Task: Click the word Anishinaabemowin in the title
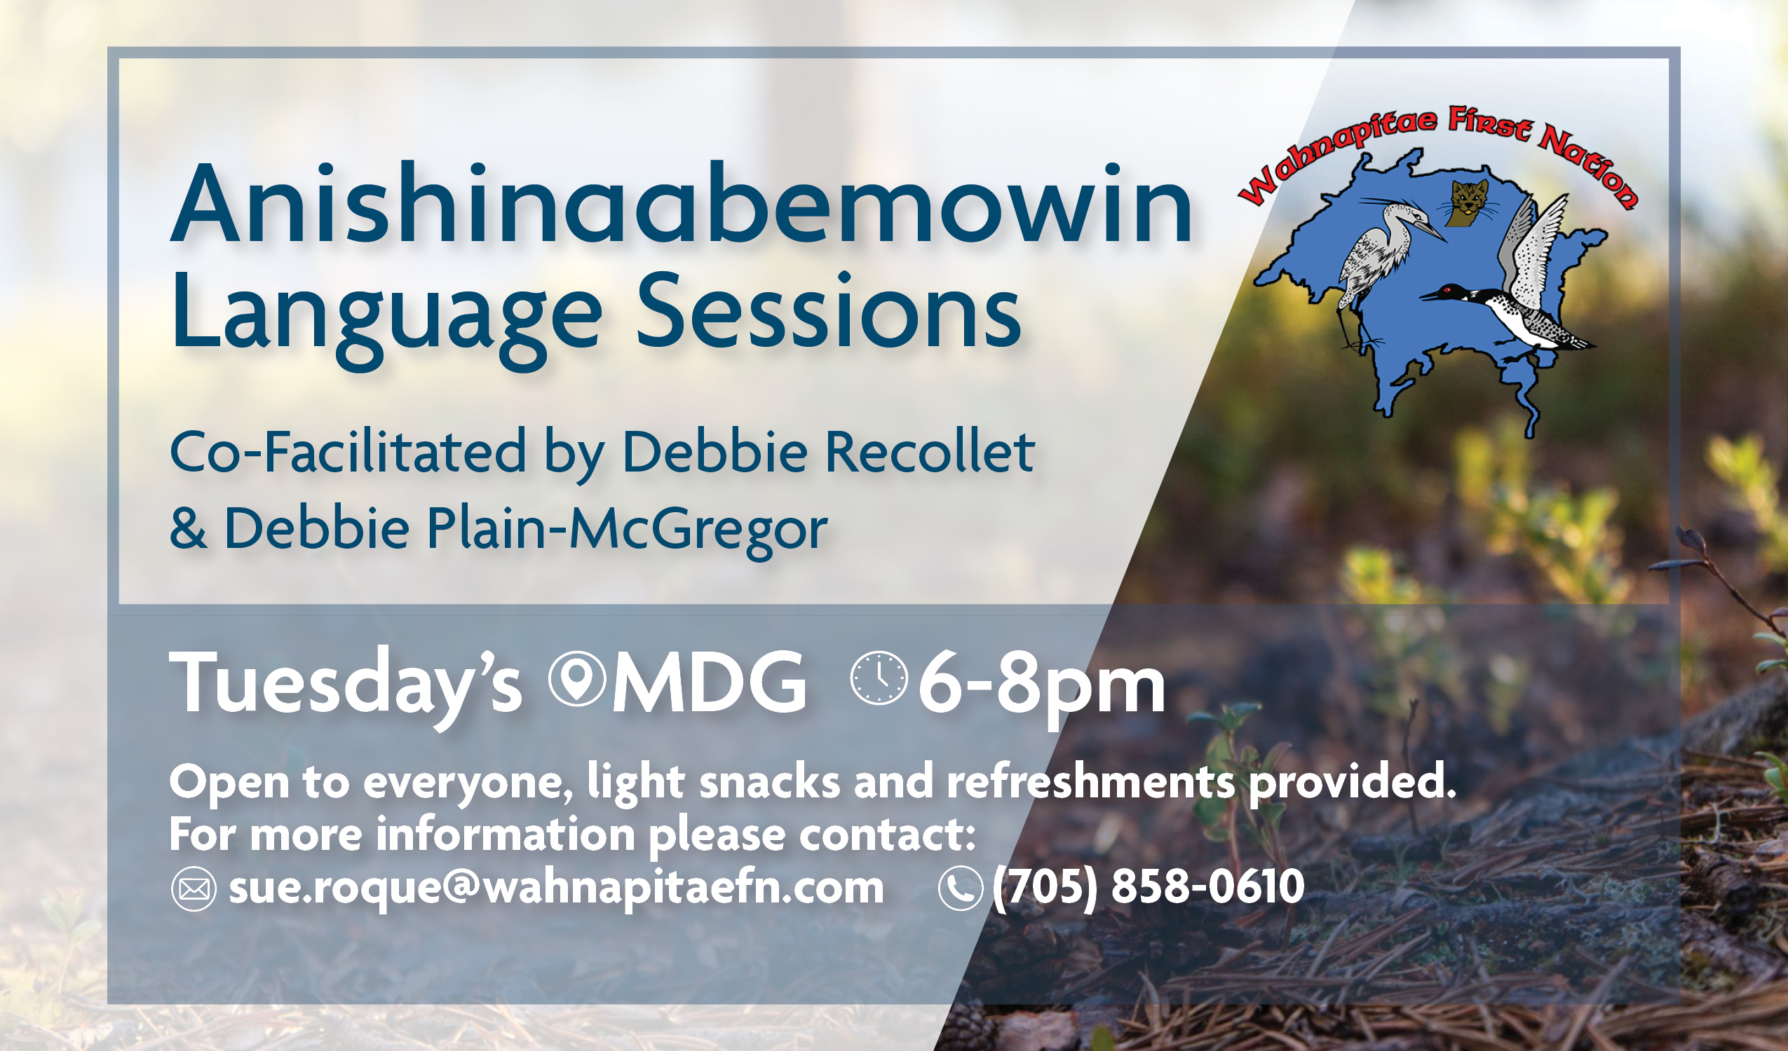tap(681, 206)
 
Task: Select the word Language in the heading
tap(386, 315)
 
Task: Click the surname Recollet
tap(930, 452)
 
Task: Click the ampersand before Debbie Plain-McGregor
tap(188, 528)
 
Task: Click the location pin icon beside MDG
tap(577, 679)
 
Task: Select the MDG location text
tap(709, 683)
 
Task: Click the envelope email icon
tap(194, 888)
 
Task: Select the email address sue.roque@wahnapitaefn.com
tap(555, 888)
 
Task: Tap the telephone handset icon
tap(960, 888)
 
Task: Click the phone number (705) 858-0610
tap(1148, 886)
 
